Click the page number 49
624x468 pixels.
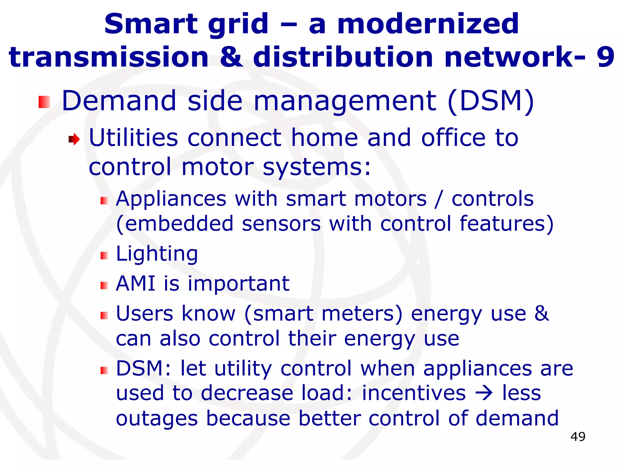[x=578, y=437]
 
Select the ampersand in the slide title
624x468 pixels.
[x=231, y=57]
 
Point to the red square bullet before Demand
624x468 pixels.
[x=44, y=102]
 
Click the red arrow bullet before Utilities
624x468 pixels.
[x=74, y=140]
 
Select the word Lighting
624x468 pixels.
[x=157, y=254]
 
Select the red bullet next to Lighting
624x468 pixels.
[x=104, y=256]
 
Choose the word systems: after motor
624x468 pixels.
[x=317, y=168]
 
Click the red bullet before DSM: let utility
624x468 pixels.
[x=104, y=370]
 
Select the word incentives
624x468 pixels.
[x=414, y=393]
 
